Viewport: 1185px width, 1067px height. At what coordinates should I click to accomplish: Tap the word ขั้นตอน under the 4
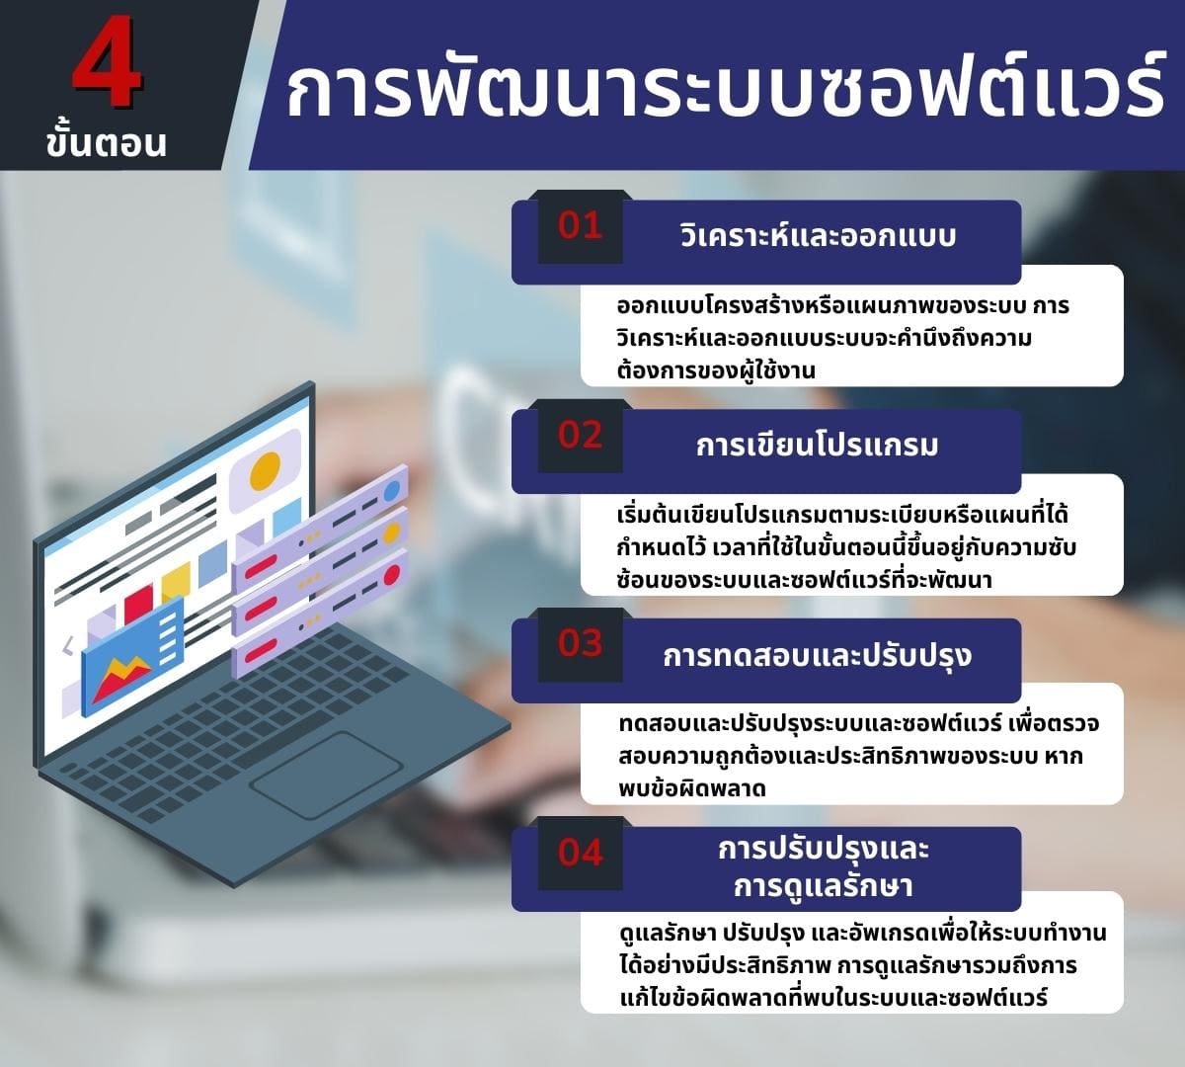106,143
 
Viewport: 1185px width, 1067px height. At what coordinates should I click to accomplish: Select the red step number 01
580,226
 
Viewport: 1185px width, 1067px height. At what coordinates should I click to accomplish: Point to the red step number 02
580,435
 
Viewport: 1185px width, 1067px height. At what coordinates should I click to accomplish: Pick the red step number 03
580,643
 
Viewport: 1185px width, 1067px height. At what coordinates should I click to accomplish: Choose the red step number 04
580,852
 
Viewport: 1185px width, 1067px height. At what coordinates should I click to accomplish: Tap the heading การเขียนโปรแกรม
818,446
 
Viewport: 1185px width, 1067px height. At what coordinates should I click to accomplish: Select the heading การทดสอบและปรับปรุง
818,655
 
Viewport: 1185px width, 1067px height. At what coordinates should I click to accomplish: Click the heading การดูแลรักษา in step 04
823,885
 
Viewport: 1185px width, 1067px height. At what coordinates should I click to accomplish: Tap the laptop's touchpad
326,775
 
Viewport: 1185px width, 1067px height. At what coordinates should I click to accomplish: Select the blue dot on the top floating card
392,490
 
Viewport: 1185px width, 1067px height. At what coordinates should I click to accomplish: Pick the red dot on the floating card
391,575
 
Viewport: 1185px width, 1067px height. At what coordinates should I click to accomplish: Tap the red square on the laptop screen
138,599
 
